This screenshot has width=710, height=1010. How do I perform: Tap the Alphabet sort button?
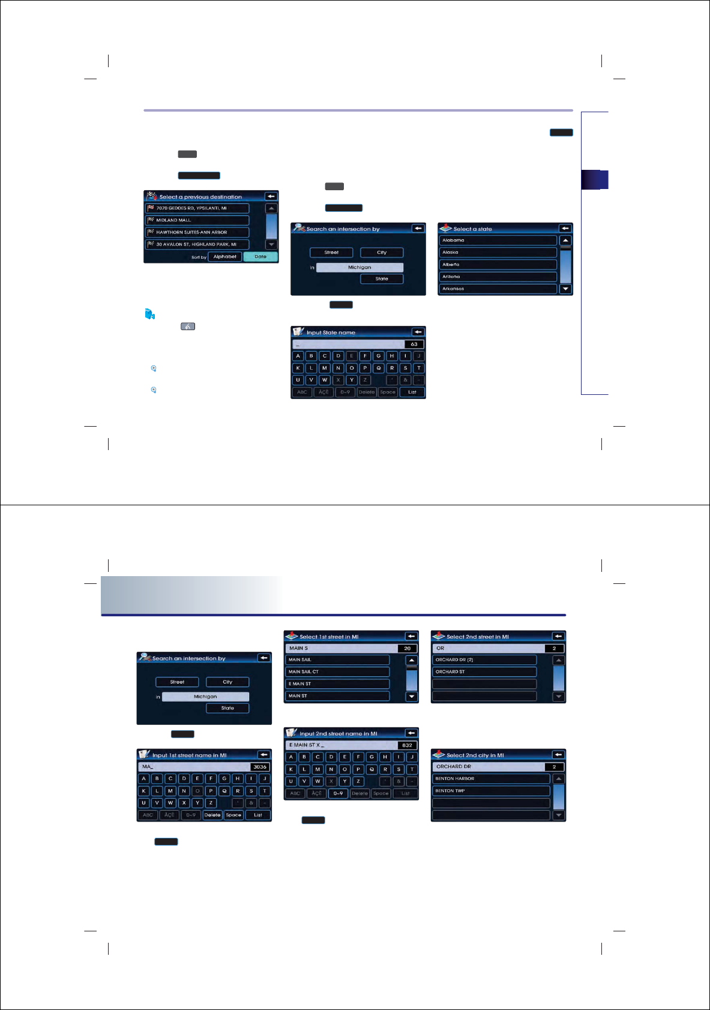[225, 257]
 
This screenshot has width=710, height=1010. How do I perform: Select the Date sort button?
[260, 257]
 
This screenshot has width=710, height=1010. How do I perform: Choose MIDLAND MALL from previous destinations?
[197, 220]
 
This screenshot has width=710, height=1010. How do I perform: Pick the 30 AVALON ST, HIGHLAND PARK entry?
[197, 244]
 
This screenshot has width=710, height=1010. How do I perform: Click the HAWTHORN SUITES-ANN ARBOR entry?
[197, 232]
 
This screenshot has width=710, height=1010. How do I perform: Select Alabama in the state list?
[498, 240]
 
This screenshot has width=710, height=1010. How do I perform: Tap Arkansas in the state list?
[498, 289]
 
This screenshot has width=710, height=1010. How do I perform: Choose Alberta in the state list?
[498, 265]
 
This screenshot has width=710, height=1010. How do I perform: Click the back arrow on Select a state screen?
[565, 229]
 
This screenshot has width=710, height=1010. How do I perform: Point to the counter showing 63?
[414, 344]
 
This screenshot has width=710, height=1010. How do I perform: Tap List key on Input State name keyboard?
[412, 392]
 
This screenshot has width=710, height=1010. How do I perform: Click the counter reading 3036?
[260, 767]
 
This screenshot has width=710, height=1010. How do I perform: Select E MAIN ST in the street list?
[337, 684]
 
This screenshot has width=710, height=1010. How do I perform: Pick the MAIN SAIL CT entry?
[337, 672]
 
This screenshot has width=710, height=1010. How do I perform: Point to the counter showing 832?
[407, 745]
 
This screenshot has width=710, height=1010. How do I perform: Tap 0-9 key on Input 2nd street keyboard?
[338, 793]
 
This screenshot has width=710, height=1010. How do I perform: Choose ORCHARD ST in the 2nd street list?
[484, 672]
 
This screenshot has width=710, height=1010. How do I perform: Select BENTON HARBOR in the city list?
[491, 779]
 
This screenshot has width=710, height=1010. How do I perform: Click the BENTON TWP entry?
[491, 791]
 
